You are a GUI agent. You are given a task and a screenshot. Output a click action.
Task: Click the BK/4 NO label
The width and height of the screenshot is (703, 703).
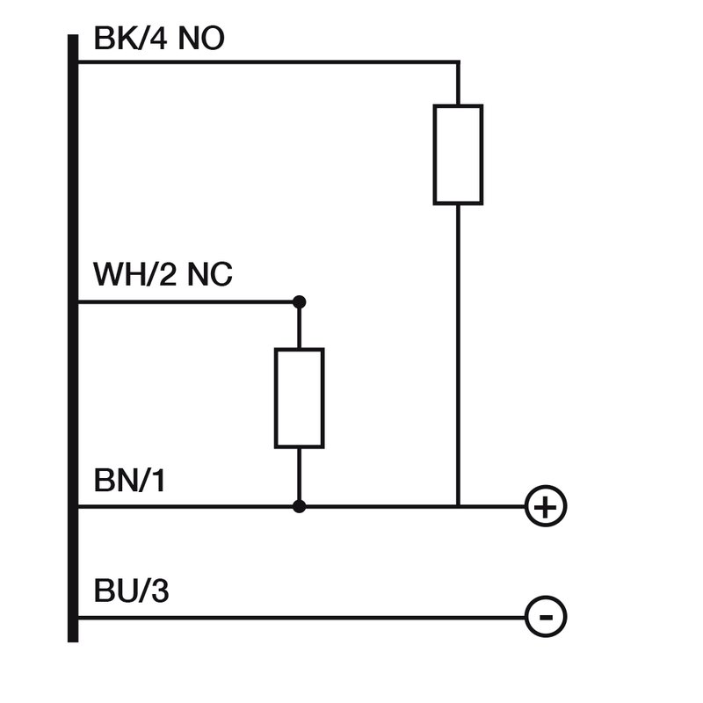coord(158,40)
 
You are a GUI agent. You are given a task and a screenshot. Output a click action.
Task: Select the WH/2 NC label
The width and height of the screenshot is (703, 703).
coord(163,275)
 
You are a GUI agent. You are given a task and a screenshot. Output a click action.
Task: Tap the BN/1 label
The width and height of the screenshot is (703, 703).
coord(129,482)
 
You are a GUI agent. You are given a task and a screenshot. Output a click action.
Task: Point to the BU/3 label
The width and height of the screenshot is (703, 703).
coord(131,591)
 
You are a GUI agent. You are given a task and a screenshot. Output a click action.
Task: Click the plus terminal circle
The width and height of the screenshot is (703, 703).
coord(546,507)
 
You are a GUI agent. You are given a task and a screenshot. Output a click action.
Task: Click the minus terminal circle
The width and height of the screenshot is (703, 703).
coord(546,617)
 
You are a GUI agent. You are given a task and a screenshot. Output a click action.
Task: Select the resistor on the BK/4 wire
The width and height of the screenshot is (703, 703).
coord(458,155)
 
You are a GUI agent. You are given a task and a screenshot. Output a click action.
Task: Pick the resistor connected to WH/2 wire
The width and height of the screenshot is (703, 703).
coord(300,398)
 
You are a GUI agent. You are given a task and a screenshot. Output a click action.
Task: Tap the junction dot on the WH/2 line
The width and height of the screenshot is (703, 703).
coord(300,302)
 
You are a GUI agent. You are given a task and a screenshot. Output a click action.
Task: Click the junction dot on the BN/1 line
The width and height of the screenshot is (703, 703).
coord(300,507)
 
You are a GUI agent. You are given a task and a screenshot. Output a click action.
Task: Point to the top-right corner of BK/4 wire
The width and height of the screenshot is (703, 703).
coord(458,62)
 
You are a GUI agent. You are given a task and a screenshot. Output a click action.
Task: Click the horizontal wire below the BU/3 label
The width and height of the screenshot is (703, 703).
coord(299,617)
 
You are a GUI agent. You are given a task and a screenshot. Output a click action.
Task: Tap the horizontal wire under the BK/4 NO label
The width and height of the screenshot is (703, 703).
coord(264,62)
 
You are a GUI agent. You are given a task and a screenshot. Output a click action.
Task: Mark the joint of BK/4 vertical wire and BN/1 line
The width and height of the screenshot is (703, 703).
coord(458,507)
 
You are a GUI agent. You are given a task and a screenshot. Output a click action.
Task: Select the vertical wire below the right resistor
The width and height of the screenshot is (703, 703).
coord(458,351)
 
